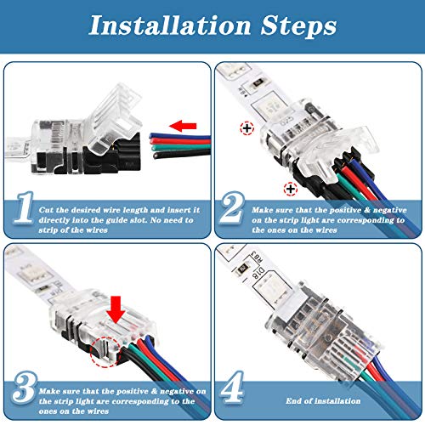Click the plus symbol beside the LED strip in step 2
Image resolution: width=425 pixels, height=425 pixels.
tap(246, 129)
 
